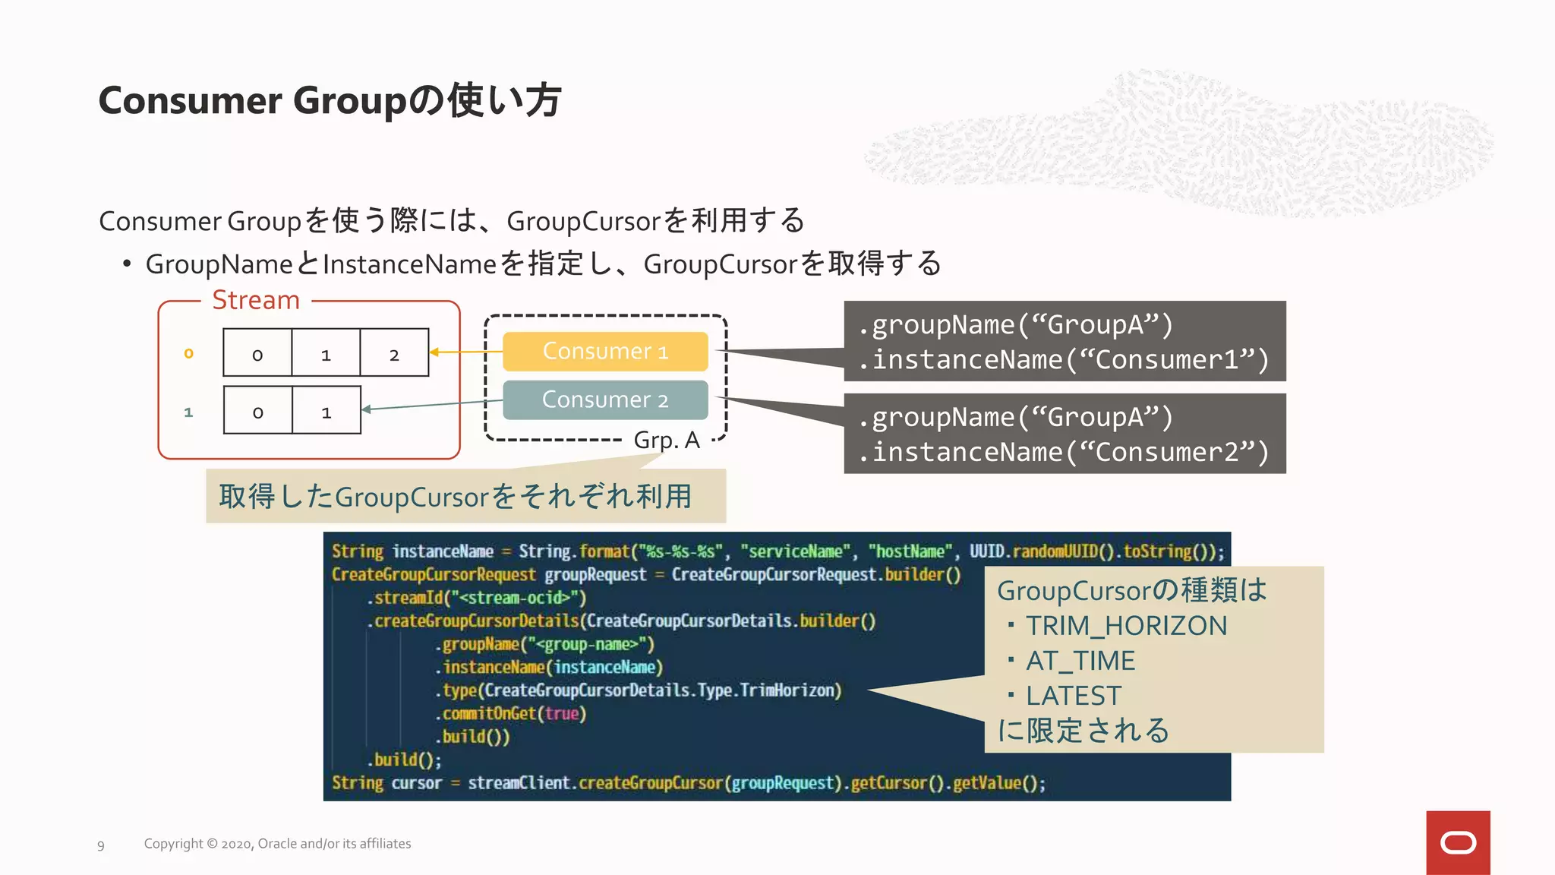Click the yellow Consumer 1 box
click(x=605, y=352)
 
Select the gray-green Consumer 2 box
click(x=605, y=400)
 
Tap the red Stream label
click(x=256, y=300)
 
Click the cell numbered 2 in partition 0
click(x=394, y=354)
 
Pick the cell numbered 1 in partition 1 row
click(x=326, y=412)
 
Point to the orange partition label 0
click(x=188, y=353)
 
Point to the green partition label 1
click(x=188, y=412)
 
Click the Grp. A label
click(x=667, y=441)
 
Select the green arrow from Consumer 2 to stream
click(x=433, y=405)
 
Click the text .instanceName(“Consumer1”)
click(x=1064, y=360)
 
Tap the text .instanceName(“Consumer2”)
click(x=1064, y=453)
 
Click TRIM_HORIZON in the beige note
click(x=1126, y=626)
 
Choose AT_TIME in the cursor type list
click(x=1080, y=661)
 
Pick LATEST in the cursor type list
click(x=1073, y=696)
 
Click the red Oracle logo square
click(x=1458, y=842)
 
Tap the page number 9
click(x=101, y=845)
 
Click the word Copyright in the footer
click(x=174, y=844)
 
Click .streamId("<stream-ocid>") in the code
click(x=477, y=598)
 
